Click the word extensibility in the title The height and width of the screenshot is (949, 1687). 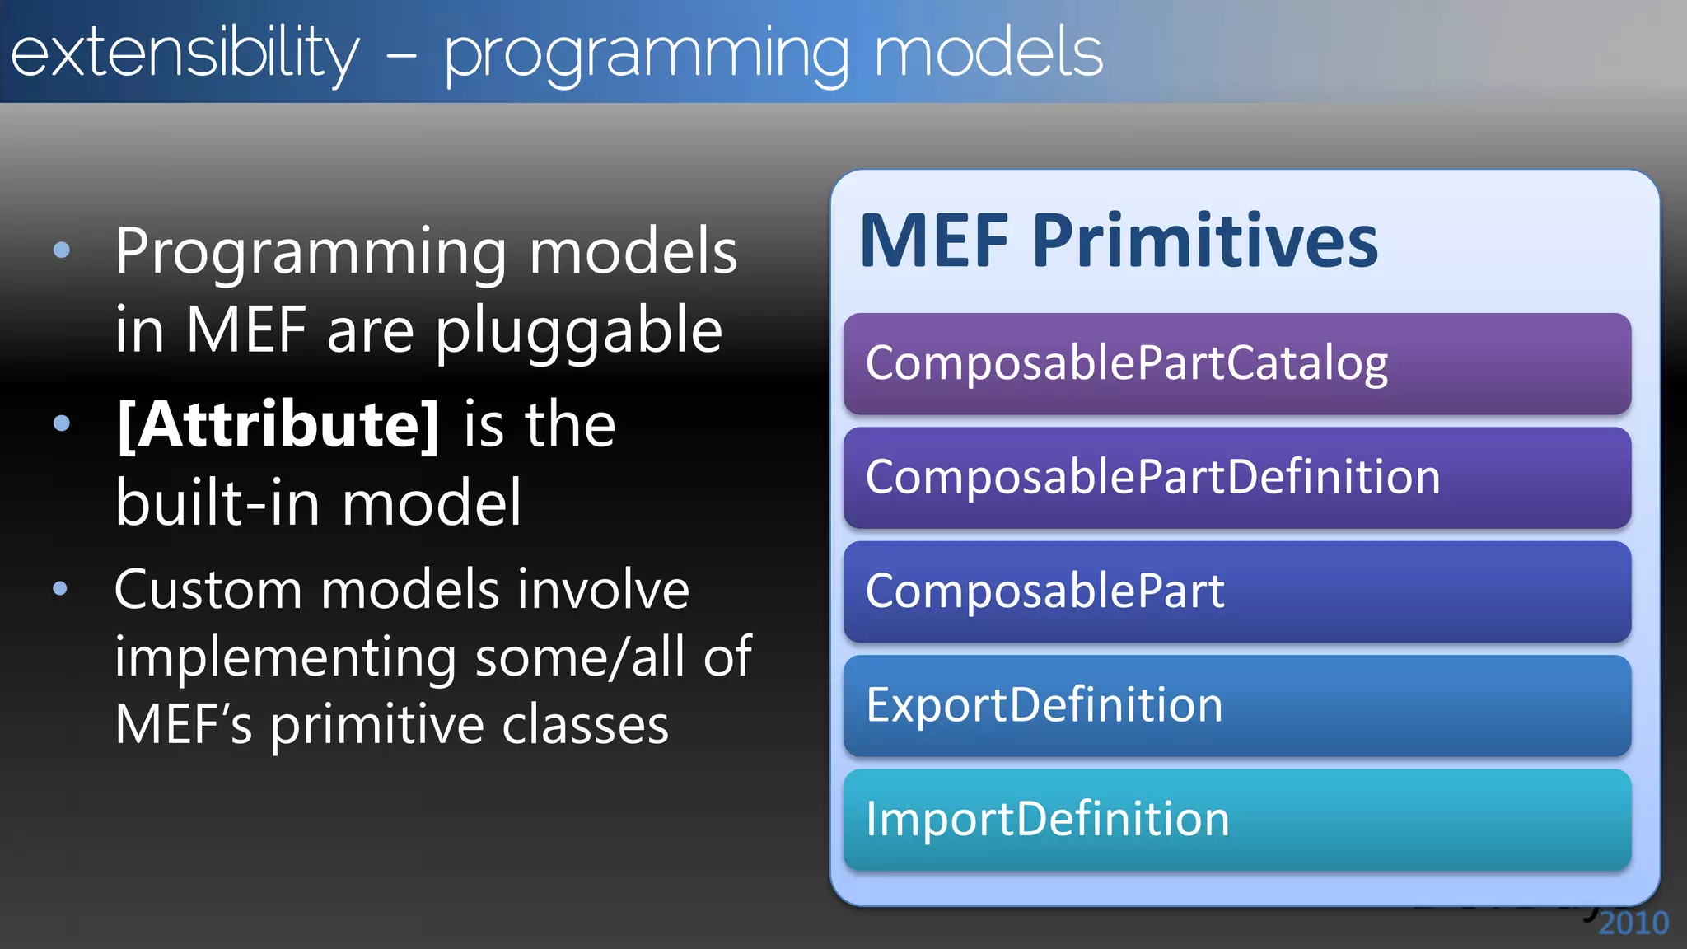pyautogui.click(x=185, y=53)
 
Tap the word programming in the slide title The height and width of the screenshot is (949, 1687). pyautogui.click(x=647, y=53)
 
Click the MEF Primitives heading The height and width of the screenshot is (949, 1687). pyautogui.click(x=1118, y=241)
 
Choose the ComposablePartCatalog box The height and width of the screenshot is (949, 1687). pyautogui.click(x=1236, y=363)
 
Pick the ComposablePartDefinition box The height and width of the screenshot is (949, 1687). pyautogui.click(x=1236, y=477)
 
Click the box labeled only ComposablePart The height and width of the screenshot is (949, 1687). pyautogui.click(x=1236, y=591)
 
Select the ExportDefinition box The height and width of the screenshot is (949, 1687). pyautogui.click(x=1236, y=705)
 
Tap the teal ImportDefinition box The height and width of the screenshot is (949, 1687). pyautogui.click(x=1236, y=820)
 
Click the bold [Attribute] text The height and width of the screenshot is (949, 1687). pyautogui.click(x=278, y=425)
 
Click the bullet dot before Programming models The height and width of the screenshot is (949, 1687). pyautogui.click(x=62, y=250)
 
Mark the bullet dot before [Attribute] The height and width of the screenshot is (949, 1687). pyautogui.click(x=62, y=424)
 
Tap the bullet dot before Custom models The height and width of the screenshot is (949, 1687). pyautogui.click(x=60, y=589)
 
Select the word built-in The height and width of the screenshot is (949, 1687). pyautogui.click(x=217, y=503)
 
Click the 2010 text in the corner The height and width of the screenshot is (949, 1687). pyautogui.click(x=1633, y=923)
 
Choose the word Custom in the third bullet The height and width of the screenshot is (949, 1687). pyautogui.click(x=208, y=590)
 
